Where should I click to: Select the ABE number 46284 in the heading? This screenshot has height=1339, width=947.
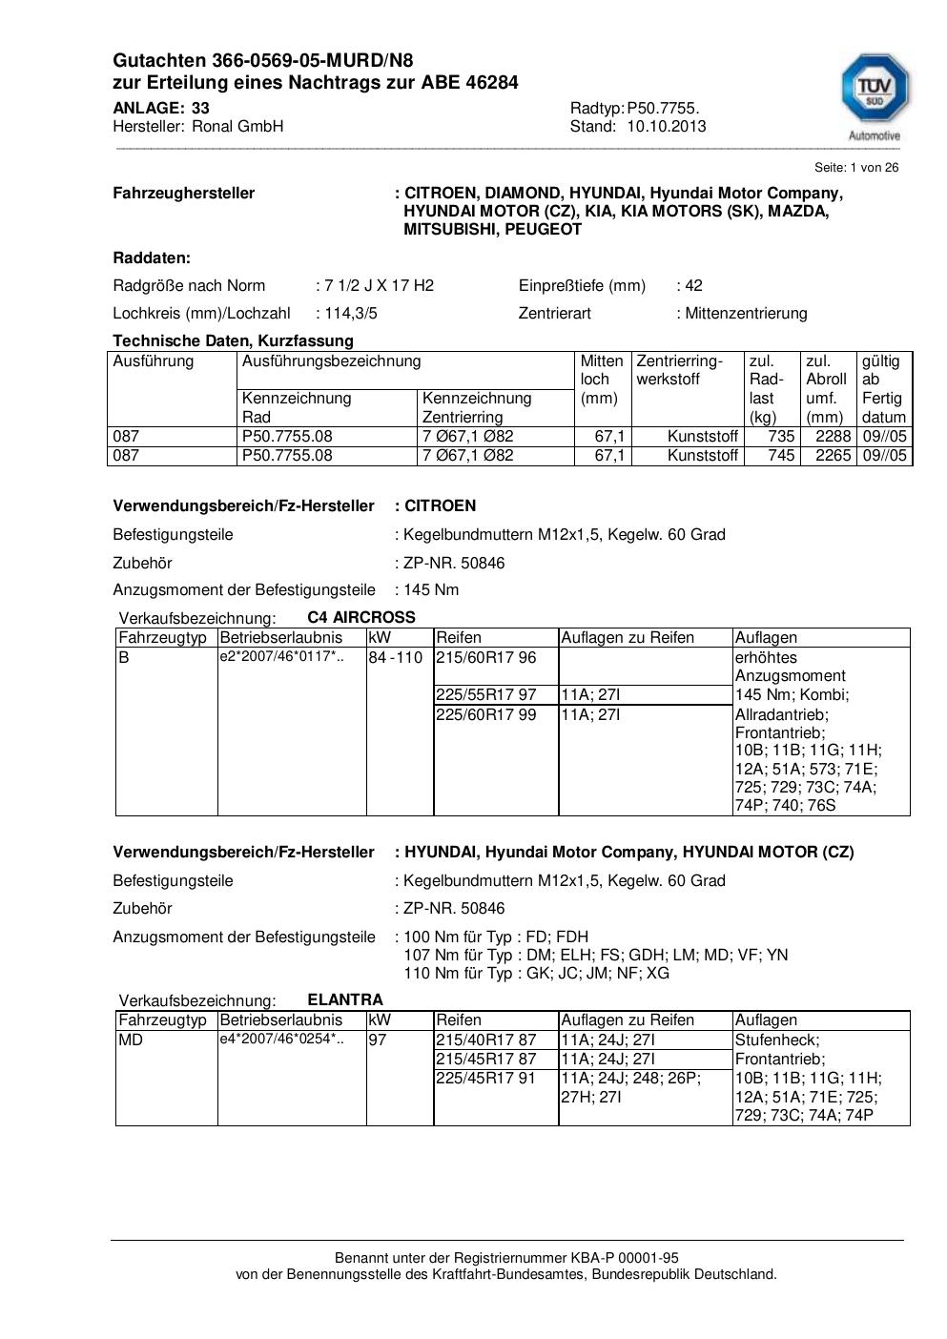492,83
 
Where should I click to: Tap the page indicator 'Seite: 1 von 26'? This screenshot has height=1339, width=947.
855,168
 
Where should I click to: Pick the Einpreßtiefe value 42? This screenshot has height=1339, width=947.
693,285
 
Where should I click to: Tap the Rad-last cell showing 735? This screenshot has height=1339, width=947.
781,437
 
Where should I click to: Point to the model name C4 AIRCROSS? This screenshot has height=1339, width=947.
361,617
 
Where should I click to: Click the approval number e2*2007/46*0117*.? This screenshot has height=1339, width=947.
281,656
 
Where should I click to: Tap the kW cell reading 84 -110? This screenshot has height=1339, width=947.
395,658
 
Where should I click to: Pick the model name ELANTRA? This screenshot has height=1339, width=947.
345,999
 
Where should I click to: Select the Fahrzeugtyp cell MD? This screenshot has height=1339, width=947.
131,1040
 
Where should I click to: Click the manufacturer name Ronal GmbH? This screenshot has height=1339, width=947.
237,126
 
